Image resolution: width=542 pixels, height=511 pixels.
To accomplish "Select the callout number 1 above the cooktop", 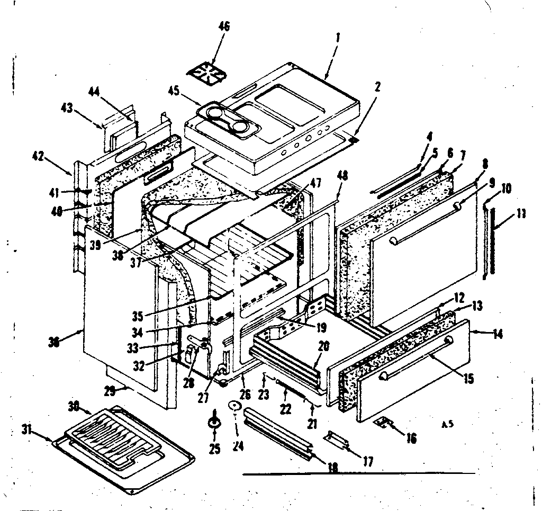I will [338, 38].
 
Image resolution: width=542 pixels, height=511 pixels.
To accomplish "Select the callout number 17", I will [367, 462].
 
